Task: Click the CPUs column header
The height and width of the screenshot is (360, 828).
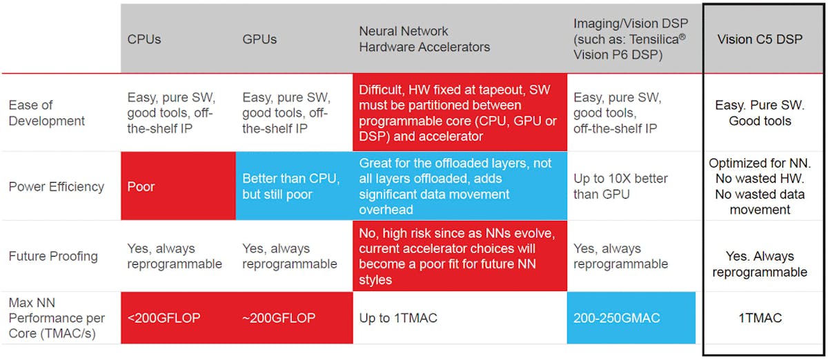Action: click(144, 39)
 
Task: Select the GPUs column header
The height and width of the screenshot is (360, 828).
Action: click(259, 39)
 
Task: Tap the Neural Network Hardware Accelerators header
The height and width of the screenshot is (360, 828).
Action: click(424, 39)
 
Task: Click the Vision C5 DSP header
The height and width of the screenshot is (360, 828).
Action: click(760, 39)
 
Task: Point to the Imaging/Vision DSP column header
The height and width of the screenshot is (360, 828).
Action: click(629, 39)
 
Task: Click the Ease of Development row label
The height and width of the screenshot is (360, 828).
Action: click(47, 113)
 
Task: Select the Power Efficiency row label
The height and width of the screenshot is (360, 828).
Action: click(57, 187)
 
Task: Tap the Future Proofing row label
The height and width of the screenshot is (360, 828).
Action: click(53, 257)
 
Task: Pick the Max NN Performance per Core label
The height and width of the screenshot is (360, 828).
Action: click(57, 318)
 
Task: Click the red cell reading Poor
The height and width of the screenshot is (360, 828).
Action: click(178, 187)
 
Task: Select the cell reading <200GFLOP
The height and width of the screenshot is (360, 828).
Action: click(178, 318)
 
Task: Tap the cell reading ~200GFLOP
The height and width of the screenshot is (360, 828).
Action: click(294, 318)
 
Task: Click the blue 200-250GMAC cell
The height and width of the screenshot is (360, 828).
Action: click(631, 318)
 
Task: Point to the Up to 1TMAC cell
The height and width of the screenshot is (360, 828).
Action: click(460, 318)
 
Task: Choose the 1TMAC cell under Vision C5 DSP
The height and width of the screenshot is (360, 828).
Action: click(760, 318)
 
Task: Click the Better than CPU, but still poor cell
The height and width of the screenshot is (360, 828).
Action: click(294, 187)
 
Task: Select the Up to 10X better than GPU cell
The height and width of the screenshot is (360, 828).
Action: click(631, 187)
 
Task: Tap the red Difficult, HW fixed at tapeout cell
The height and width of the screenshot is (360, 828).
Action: click(460, 113)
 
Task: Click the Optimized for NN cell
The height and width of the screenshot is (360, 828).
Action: click(760, 187)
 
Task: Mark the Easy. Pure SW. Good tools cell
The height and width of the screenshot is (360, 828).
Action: click(760, 113)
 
